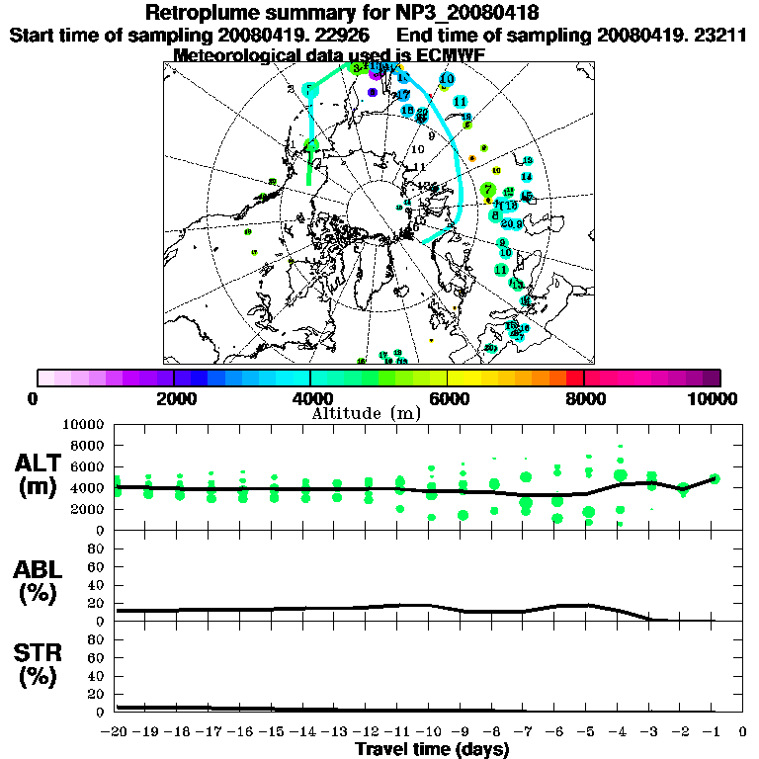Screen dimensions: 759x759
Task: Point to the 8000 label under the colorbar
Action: (583, 398)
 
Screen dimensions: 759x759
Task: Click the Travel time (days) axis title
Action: (432, 750)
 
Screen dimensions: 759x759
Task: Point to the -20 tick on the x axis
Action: (117, 732)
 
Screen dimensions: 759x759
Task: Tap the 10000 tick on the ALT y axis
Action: (86, 424)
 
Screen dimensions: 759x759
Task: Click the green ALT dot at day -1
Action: (714, 478)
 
